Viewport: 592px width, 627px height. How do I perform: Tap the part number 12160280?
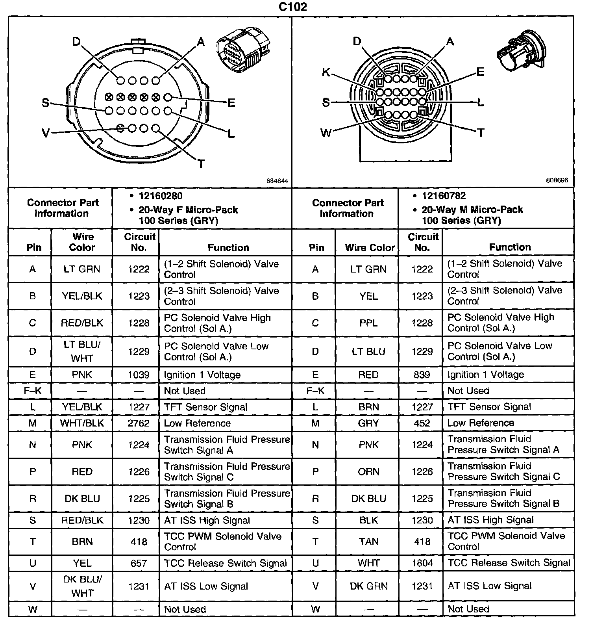160,196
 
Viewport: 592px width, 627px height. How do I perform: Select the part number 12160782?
444,196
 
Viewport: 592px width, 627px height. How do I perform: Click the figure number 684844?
277,181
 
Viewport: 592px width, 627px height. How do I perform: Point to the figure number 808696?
557,180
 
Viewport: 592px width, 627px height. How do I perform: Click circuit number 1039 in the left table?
139,375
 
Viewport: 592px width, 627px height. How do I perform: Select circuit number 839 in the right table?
422,375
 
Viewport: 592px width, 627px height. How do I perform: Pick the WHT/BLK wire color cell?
82,423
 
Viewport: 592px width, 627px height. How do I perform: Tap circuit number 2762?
139,423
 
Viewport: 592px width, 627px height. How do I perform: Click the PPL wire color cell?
368,323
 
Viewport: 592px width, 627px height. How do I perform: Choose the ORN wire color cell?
368,471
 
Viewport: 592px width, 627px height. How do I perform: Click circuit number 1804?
422,563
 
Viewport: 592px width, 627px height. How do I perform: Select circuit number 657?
139,563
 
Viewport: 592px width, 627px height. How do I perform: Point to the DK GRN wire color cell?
368,586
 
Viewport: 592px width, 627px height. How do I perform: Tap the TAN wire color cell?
368,542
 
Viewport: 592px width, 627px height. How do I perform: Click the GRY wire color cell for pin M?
368,423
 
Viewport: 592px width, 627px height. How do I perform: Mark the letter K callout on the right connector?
326,72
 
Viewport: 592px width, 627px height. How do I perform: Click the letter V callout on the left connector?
46,134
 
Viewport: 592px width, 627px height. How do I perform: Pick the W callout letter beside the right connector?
326,133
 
